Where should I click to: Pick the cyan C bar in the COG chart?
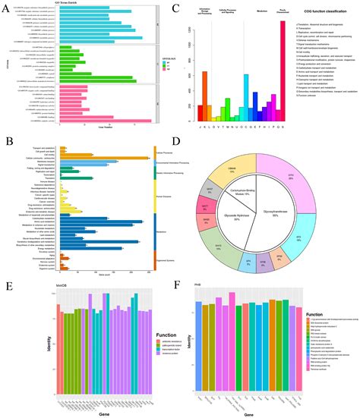pyautogui.click(x=246, y=98)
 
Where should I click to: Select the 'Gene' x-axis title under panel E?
pyautogui.click(x=91, y=413)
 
